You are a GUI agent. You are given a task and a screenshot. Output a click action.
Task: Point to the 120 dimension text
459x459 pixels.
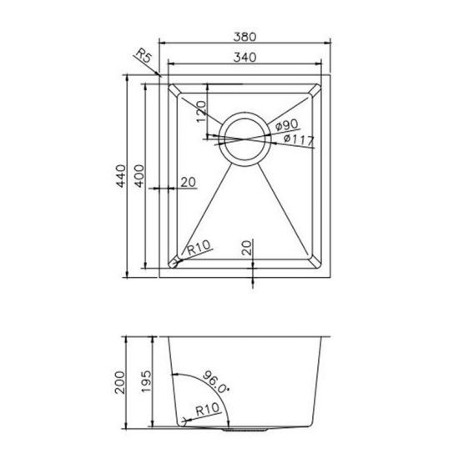(x=200, y=110)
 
